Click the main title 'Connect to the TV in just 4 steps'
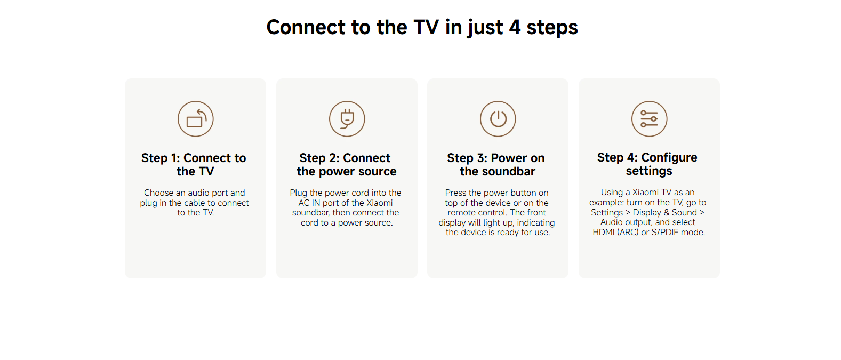tap(422, 27)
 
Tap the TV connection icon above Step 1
tap(196, 118)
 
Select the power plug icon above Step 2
tap(347, 118)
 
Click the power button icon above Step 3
tap(498, 118)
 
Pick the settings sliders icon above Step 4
tap(649, 118)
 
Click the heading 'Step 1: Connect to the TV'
tap(194, 164)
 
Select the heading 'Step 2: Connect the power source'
tap(347, 164)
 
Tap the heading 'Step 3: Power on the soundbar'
tap(496, 164)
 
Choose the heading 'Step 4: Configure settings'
tap(647, 164)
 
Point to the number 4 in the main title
tap(515, 27)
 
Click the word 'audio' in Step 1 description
tap(198, 193)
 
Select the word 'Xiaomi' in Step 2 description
tap(380, 203)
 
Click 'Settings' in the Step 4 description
tap(607, 213)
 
